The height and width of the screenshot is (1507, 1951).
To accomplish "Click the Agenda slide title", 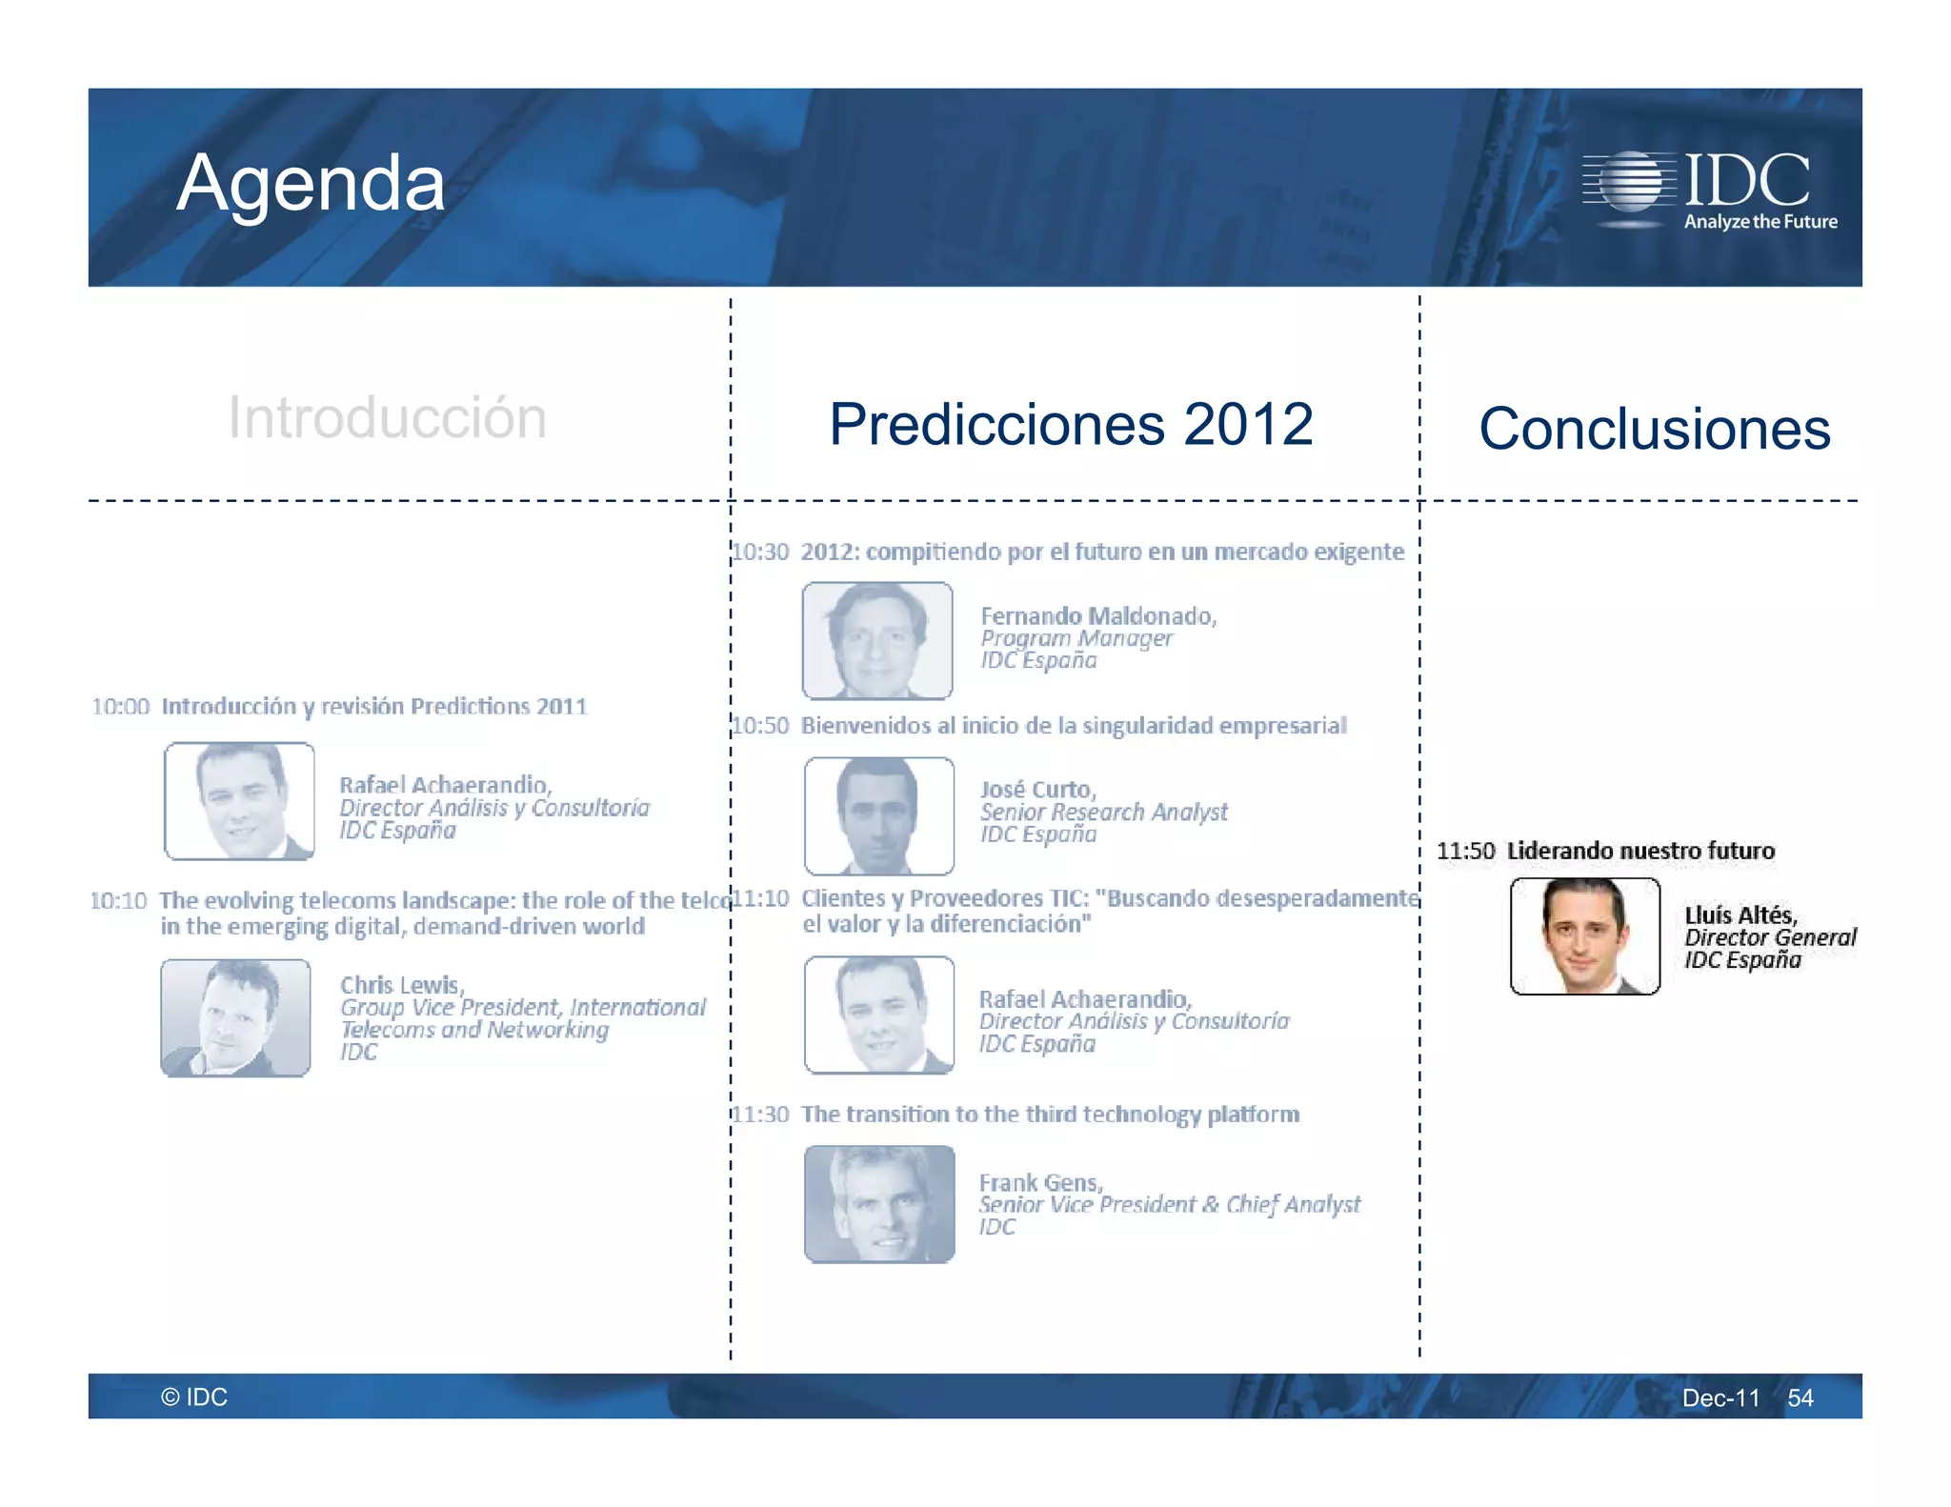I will (x=311, y=183).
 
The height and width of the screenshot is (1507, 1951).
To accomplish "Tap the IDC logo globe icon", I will (x=1631, y=181).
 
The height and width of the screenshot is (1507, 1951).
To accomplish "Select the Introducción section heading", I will (x=387, y=417).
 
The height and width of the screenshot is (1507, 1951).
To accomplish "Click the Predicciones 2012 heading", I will (x=1071, y=424).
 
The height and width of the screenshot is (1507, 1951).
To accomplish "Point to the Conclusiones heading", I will (x=1654, y=429).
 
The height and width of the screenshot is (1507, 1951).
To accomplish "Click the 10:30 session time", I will (x=761, y=553).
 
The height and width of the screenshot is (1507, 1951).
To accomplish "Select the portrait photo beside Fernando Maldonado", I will (x=877, y=640).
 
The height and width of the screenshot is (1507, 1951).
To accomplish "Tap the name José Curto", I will (x=1038, y=790).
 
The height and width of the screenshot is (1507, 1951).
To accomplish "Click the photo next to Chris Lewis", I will (x=235, y=1017).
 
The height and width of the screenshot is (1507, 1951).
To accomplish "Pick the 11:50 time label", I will (x=1465, y=851).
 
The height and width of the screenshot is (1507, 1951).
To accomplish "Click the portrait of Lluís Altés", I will (x=1585, y=936).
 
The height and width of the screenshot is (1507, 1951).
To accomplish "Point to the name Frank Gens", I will (x=1040, y=1182).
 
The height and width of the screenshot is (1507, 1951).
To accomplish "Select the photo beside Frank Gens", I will (x=879, y=1204).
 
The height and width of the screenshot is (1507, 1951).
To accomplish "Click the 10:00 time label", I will (x=121, y=707).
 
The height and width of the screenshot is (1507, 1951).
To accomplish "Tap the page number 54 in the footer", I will (x=1800, y=1397).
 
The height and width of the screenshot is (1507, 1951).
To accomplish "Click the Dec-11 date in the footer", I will (x=1720, y=1397).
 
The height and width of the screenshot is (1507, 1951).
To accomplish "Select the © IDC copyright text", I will (x=194, y=1396).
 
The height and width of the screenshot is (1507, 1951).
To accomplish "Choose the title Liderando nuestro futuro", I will (x=1640, y=851).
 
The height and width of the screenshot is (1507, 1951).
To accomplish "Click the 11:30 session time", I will (x=761, y=1115).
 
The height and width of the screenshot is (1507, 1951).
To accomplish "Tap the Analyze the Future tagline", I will (x=1760, y=222).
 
